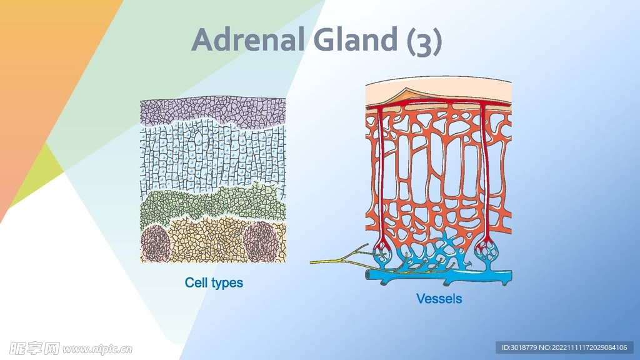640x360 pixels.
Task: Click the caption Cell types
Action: pyautogui.click(x=214, y=282)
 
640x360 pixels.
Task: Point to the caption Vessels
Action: pyautogui.click(x=439, y=299)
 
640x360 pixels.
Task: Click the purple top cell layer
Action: pyautogui.click(x=212, y=111)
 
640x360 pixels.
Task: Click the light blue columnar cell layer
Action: pyautogui.click(x=212, y=159)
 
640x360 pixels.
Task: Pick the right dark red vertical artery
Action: pyautogui.click(x=484, y=175)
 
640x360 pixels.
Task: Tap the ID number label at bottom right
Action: pyautogui.click(x=564, y=347)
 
